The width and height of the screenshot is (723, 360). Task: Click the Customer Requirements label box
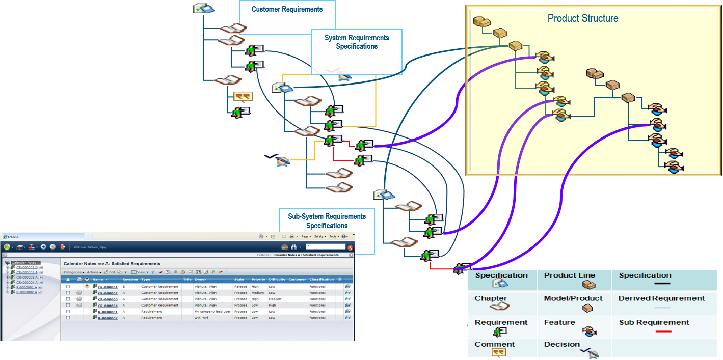(287, 9)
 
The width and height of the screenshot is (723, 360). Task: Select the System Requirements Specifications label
(357, 42)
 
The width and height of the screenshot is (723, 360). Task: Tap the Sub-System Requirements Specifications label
(327, 221)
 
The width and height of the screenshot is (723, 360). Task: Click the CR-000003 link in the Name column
(108, 299)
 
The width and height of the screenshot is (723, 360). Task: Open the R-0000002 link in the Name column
(108, 318)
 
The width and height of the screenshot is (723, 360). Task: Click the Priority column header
(258, 279)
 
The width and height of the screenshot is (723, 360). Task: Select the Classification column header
(322, 279)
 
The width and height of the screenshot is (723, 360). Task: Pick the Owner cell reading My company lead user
(212, 312)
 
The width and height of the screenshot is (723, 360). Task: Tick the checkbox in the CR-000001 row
(68, 287)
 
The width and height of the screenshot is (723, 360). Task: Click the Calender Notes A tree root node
(25, 263)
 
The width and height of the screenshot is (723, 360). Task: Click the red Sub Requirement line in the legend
(662, 331)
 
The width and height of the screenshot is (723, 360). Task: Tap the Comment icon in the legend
(498, 352)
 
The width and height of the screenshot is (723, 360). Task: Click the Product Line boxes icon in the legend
(588, 285)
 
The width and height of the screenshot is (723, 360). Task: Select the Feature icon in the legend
(589, 331)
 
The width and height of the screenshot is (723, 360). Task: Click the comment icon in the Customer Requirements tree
(243, 97)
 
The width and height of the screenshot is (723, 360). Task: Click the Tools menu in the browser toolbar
(333, 236)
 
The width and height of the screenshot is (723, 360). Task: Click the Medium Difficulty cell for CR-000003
(275, 299)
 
